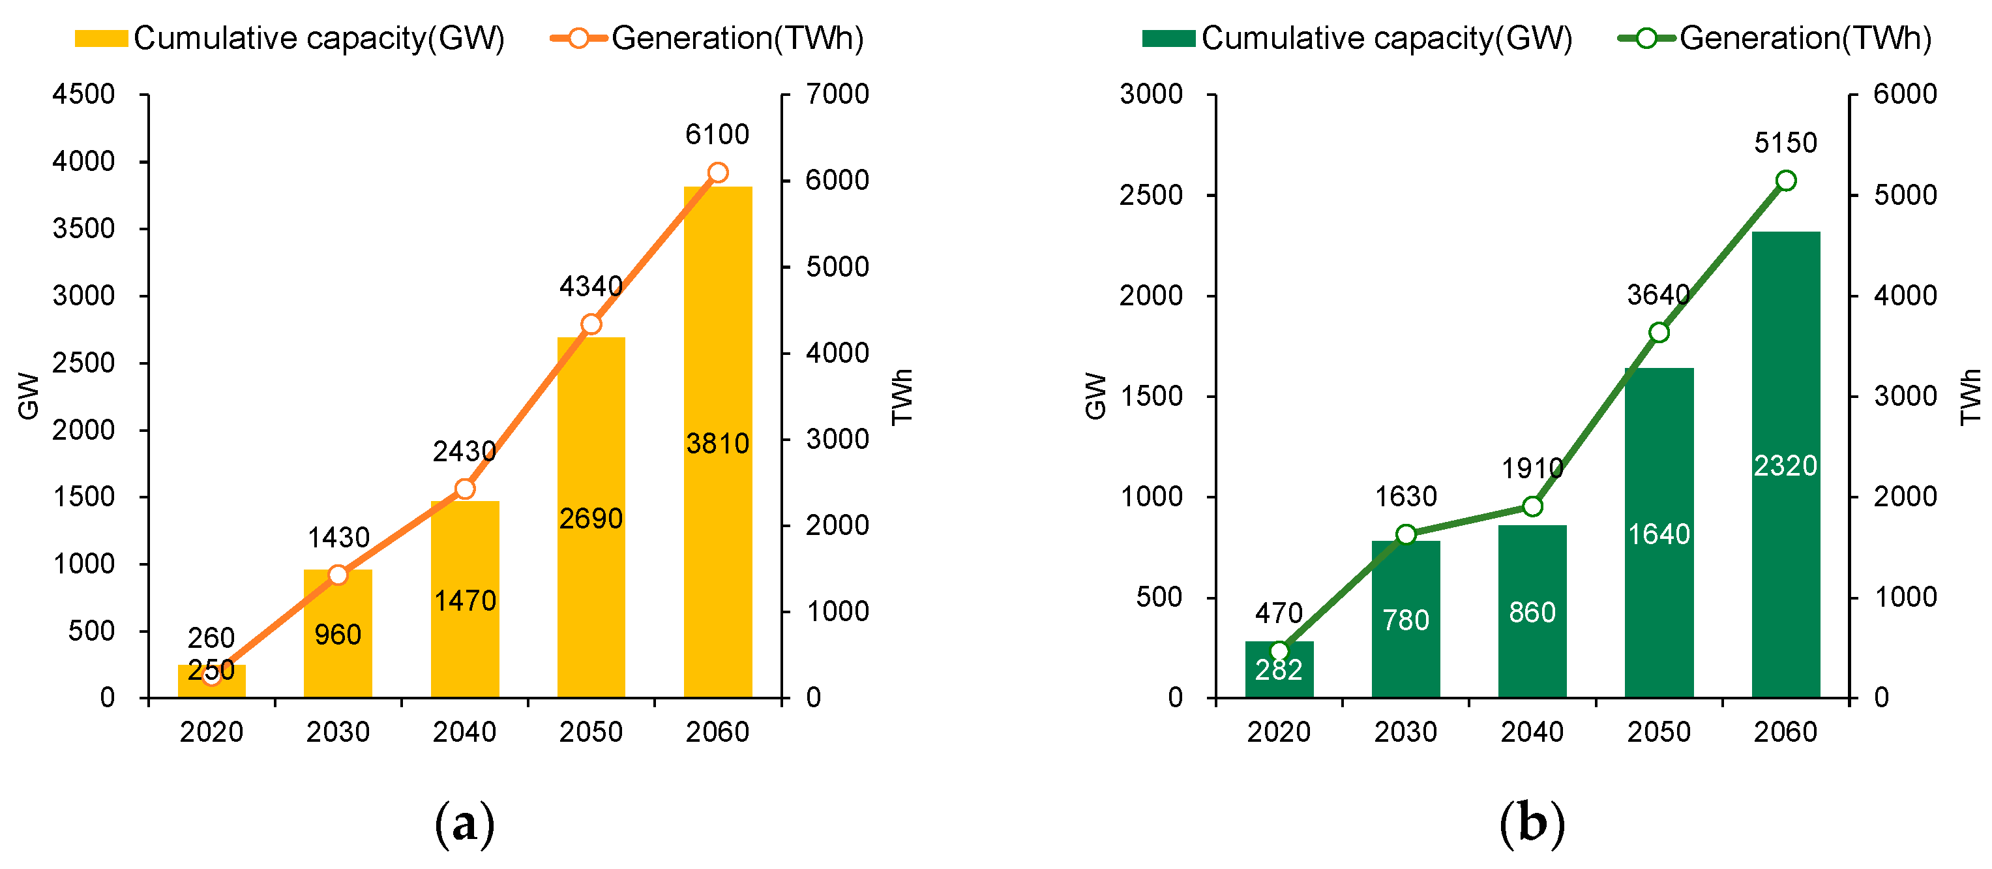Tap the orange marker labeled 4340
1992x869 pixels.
591,324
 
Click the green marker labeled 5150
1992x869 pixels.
1785,180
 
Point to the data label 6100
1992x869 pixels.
717,134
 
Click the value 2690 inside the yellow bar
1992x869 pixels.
591,519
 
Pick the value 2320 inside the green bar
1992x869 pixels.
1785,466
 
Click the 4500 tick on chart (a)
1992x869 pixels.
83,95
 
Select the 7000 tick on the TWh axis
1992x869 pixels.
837,95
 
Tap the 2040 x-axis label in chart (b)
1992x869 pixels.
1531,731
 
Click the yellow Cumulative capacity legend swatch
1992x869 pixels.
100,38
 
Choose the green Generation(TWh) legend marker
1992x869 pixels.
1646,38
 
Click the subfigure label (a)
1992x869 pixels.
464,824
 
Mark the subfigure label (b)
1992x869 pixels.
1531,824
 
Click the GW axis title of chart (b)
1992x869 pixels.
1095,395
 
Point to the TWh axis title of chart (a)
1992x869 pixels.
902,395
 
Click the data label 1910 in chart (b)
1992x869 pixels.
1531,468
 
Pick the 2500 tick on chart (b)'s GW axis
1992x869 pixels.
1151,195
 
